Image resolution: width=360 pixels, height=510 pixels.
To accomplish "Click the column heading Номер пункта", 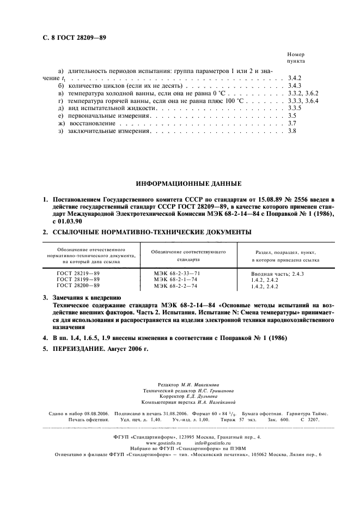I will pyautogui.click(x=296, y=58).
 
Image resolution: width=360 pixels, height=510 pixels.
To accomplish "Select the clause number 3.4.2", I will pyautogui.click(x=294, y=78).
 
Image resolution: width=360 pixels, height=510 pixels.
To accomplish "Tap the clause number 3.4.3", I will pyautogui.click(x=294, y=86).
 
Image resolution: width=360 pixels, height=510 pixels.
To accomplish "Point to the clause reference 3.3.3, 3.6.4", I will pyautogui.click(x=302, y=101).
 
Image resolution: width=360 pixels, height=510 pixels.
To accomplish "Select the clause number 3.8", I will pyautogui.click(x=291, y=131).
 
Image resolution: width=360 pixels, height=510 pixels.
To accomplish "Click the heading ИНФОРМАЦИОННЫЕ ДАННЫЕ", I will pyautogui.click(x=180, y=184).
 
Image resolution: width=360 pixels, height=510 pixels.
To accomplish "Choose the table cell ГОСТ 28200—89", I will pyautogui.click(x=78, y=285).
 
